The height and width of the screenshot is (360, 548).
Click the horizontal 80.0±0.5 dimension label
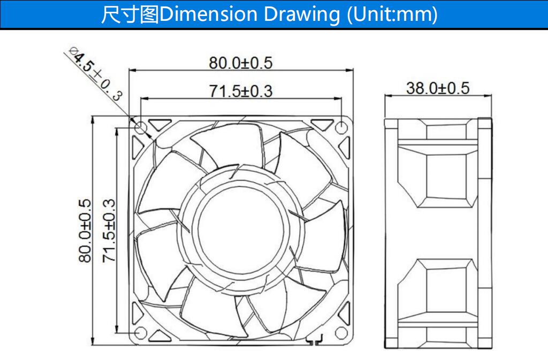click(x=240, y=63)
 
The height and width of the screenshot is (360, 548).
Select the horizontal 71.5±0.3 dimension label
click(x=240, y=91)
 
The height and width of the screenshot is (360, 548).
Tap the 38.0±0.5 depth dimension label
click(x=438, y=88)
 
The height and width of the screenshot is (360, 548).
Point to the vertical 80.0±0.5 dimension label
click(x=85, y=231)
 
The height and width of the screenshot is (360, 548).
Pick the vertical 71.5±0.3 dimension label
click(x=109, y=231)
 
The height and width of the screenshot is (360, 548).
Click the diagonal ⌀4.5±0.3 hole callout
click(x=96, y=74)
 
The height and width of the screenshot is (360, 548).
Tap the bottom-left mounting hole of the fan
click(x=141, y=332)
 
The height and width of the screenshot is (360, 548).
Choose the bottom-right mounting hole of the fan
click(x=341, y=332)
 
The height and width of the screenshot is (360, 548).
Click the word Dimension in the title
click(x=208, y=14)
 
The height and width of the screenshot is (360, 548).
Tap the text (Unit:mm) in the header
click(x=392, y=15)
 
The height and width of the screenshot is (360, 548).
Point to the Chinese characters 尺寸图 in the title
click(x=130, y=14)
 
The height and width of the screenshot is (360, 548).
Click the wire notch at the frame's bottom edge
click(x=314, y=339)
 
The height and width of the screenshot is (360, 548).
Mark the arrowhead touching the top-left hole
click(x=149, y=135)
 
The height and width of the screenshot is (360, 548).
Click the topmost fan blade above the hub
click(x=229, y=145)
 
